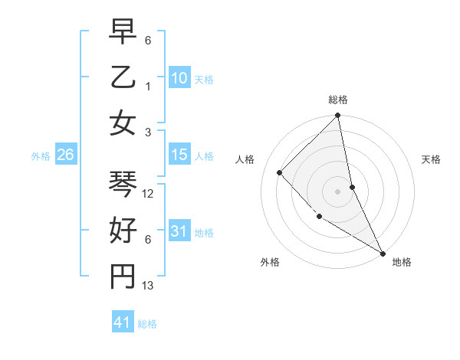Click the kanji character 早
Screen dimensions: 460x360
tap(123, 32)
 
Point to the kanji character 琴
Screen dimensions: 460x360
tap(123, 185)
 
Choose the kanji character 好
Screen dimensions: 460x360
tap(123, 231)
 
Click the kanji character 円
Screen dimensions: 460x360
tap(123, 277)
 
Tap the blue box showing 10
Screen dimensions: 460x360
tap(179, 77)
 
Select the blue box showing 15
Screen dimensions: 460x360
tap(179, 155)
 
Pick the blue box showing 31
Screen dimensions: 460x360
tap(179, 231)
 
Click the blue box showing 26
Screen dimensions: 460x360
tap(66, 155)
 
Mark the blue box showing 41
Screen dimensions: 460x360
tap(123, 322)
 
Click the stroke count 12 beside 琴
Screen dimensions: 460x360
tap(149, 194)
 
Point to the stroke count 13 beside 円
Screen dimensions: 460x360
tap(149, 286)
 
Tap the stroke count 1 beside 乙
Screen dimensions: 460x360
tap(147, 86)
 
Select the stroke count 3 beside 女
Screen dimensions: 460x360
tap(147, 132)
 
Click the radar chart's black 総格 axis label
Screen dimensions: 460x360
tap(338, 100)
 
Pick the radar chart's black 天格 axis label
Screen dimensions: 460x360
tap(431, 159)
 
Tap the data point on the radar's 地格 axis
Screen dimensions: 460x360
tap(382, 253)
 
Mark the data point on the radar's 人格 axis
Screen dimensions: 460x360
tap(280, 172)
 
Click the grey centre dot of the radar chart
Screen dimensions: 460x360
tap(338, 191)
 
